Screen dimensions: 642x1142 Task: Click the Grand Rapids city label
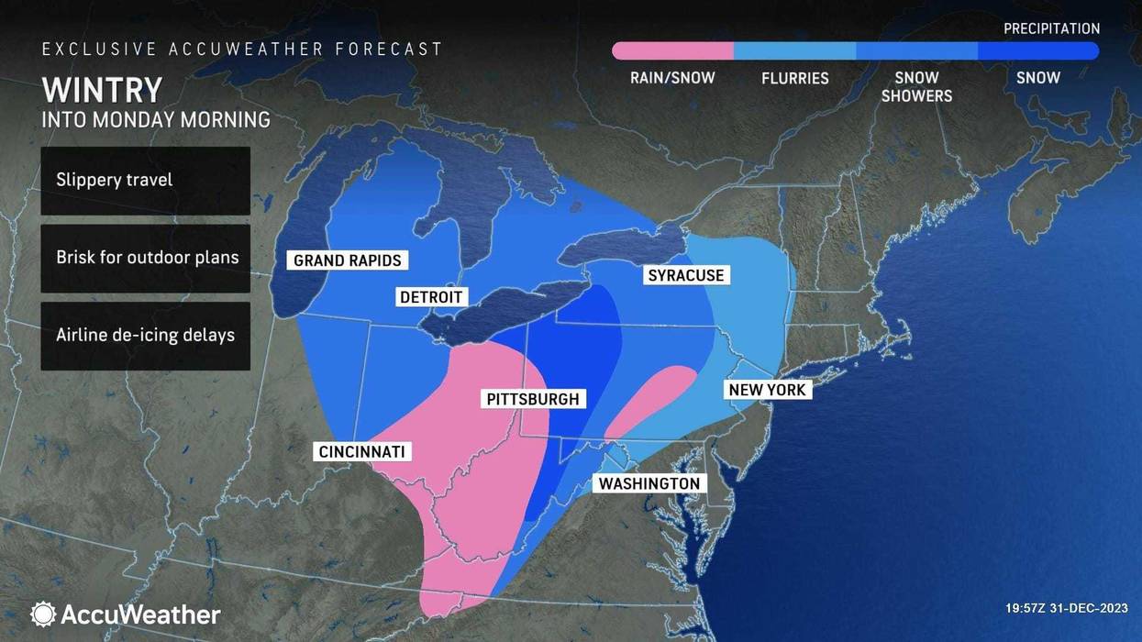[347, 260]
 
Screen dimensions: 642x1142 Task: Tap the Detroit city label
[431, 297]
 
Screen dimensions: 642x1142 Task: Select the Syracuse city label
[685, 275]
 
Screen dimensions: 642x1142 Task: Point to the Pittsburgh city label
[533, 399]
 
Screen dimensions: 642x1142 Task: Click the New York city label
[767, 390]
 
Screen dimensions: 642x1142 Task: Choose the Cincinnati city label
[360, 451]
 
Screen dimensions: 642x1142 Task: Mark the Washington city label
[649, 483]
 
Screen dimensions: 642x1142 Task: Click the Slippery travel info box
[145, 180]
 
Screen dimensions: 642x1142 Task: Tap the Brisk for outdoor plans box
[145, 258]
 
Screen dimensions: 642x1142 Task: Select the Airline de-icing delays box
[145, 336]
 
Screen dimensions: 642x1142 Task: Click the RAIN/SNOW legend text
[672, 78]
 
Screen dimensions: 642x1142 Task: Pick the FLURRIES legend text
[794, 78]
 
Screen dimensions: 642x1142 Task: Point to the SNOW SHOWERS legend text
[916, 86]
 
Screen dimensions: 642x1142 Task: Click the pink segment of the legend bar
[672, 50]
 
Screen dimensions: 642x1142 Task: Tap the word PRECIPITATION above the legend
[1051, 28]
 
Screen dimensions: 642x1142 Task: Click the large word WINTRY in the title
[102, 90]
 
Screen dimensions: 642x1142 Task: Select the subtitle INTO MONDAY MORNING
[156, 119]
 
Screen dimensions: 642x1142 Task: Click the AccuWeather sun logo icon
[43, 614]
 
